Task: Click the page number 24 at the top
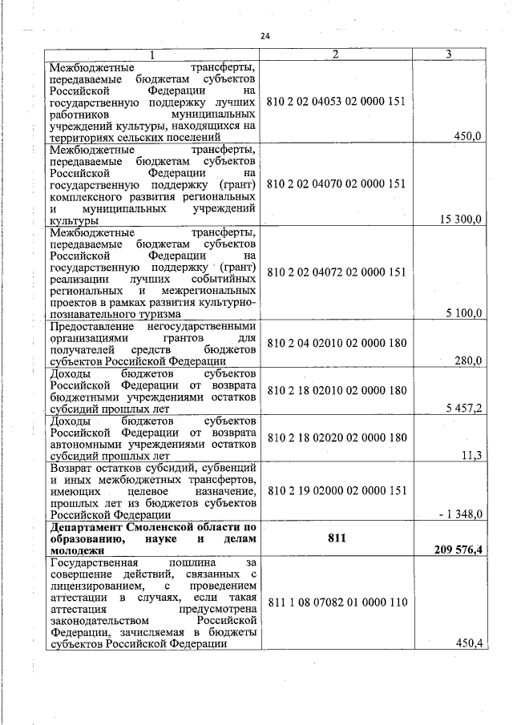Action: coord(266,36)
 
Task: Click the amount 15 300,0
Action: coord(458,219)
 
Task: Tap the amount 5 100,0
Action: coord(463,313)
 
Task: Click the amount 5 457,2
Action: coord(463,408)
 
